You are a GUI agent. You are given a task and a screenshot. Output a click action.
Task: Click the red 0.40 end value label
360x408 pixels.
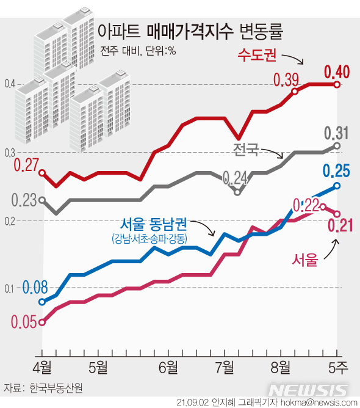[336, 72]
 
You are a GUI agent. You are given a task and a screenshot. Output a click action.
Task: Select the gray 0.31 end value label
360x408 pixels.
[336, 133]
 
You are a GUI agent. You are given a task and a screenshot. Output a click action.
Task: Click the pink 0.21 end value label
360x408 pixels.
[341, 227]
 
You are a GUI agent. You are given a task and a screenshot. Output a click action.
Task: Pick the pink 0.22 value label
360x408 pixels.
[306, 205]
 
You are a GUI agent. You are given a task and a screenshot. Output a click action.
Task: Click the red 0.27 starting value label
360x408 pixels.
[26, 164]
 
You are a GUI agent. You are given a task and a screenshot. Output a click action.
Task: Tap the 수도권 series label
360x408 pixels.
[257, 56]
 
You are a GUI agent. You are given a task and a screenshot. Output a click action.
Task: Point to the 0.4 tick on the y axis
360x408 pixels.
[8, 84]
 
